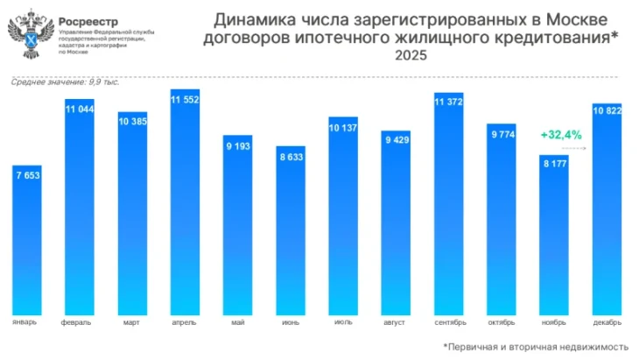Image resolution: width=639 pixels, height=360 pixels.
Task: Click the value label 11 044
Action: click(x=80, y=109)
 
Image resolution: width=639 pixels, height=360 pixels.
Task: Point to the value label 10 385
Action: click(x=132, y=120)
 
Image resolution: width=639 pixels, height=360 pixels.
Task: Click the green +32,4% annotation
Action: click(x=561, y=135)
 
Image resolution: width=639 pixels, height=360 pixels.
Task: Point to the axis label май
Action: click(x=237, y=321)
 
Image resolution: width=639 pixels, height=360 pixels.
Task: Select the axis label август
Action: click(x=396, y=321)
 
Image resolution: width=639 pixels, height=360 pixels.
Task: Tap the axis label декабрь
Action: click(x=607, y=321)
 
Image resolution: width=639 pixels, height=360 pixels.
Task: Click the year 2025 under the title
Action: click(x=411, y=56)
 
